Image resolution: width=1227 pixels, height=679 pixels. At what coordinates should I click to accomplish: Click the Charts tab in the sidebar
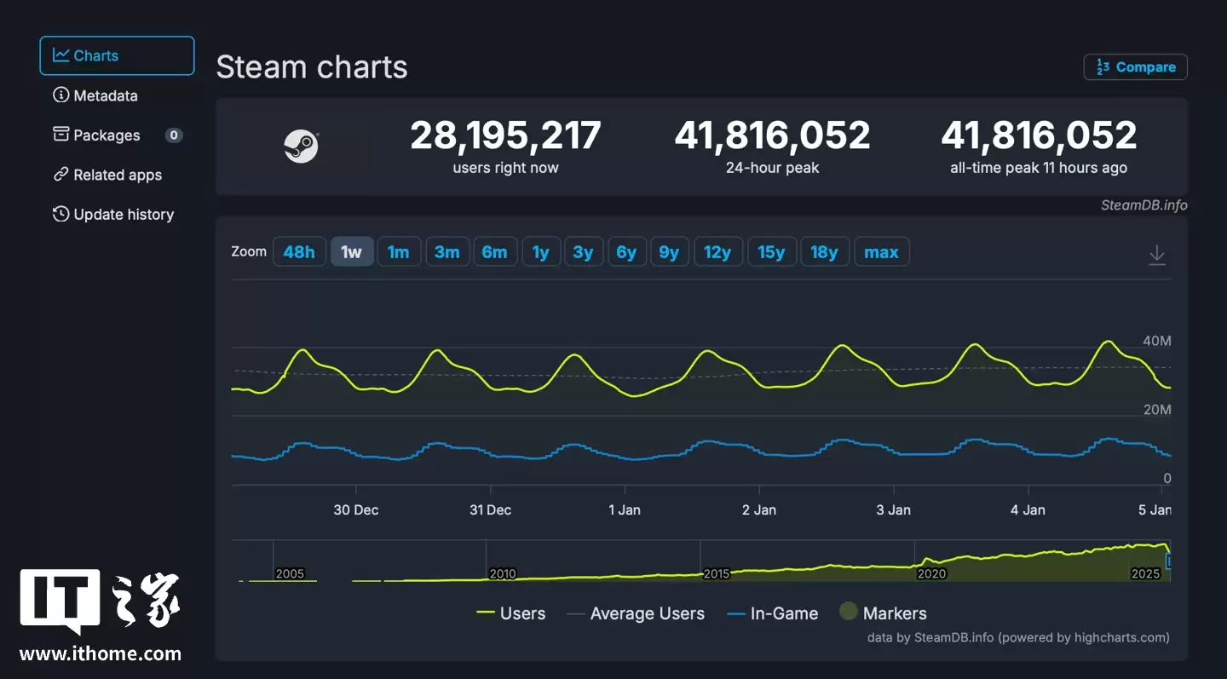(x=117, y=56)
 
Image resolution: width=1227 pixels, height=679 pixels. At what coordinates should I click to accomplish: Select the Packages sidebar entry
(x=107, y=135)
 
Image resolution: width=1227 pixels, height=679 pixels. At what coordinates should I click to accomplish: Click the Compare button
(x=1135, y=67)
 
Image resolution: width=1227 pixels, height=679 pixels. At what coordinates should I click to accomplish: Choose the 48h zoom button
(x=299, y=252)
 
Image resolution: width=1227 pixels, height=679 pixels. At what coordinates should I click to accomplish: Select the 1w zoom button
(x=352, y=252)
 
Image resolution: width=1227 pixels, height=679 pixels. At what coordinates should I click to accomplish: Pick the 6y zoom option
(x=626, y=252)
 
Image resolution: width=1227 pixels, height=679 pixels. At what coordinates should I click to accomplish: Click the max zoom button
(x=881, y=252)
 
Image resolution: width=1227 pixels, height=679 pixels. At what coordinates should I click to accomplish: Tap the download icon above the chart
(x=1156, y=255)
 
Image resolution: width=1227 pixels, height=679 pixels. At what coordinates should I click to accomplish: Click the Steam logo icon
(x=301, y=147)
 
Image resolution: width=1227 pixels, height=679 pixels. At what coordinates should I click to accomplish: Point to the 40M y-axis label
(x=1156, y=341)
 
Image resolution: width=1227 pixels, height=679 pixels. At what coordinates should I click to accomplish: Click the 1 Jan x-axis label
(x=625, y=509)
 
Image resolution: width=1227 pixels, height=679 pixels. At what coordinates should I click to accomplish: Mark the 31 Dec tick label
(x=490, y=509)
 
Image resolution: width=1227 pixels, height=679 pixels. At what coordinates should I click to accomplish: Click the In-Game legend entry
(x=772, y=613)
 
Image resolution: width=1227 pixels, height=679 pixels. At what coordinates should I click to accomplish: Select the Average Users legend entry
(x=636, y=613)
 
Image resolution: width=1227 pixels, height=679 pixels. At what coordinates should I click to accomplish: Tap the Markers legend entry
(x=883, y=613)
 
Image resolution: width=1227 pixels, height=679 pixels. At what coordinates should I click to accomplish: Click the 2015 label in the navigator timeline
(x=716, y=573)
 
